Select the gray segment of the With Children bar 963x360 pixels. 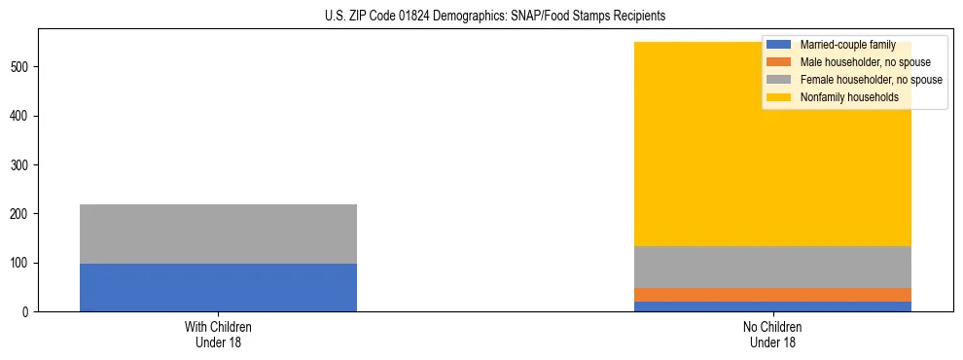click(x=218, y=234)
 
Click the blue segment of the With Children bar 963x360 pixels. click(x=218, y=287)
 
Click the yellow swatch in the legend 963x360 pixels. click(x=779, y=97)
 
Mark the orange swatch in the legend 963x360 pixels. click(x=779, y=62)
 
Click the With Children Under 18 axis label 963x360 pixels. click(x=218, y=334)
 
